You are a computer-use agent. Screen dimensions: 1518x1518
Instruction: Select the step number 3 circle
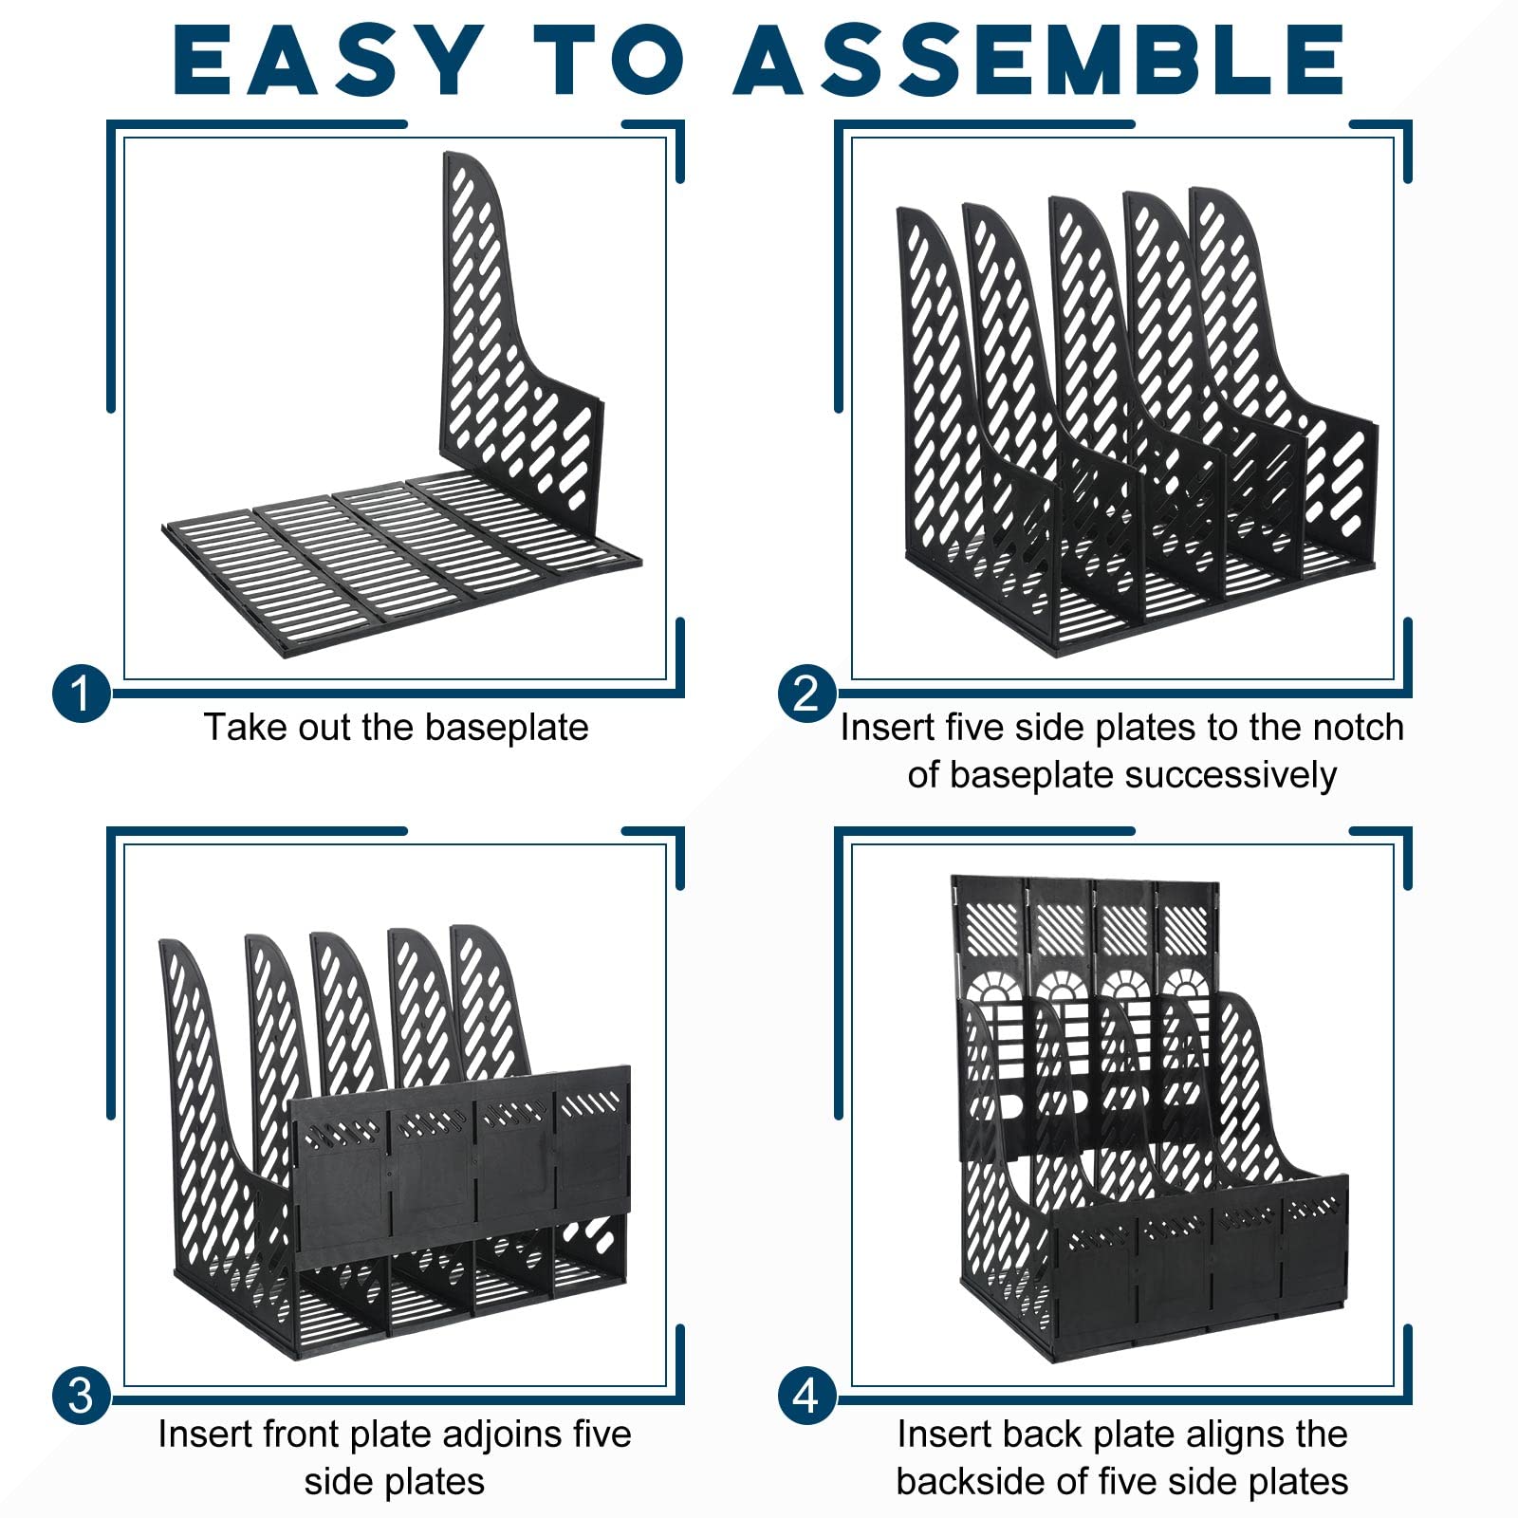81,1397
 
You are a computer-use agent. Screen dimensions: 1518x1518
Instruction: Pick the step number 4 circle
806,1397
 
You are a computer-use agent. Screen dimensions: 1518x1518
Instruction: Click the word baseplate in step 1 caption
507,729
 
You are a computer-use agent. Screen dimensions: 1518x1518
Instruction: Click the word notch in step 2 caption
1358,728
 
